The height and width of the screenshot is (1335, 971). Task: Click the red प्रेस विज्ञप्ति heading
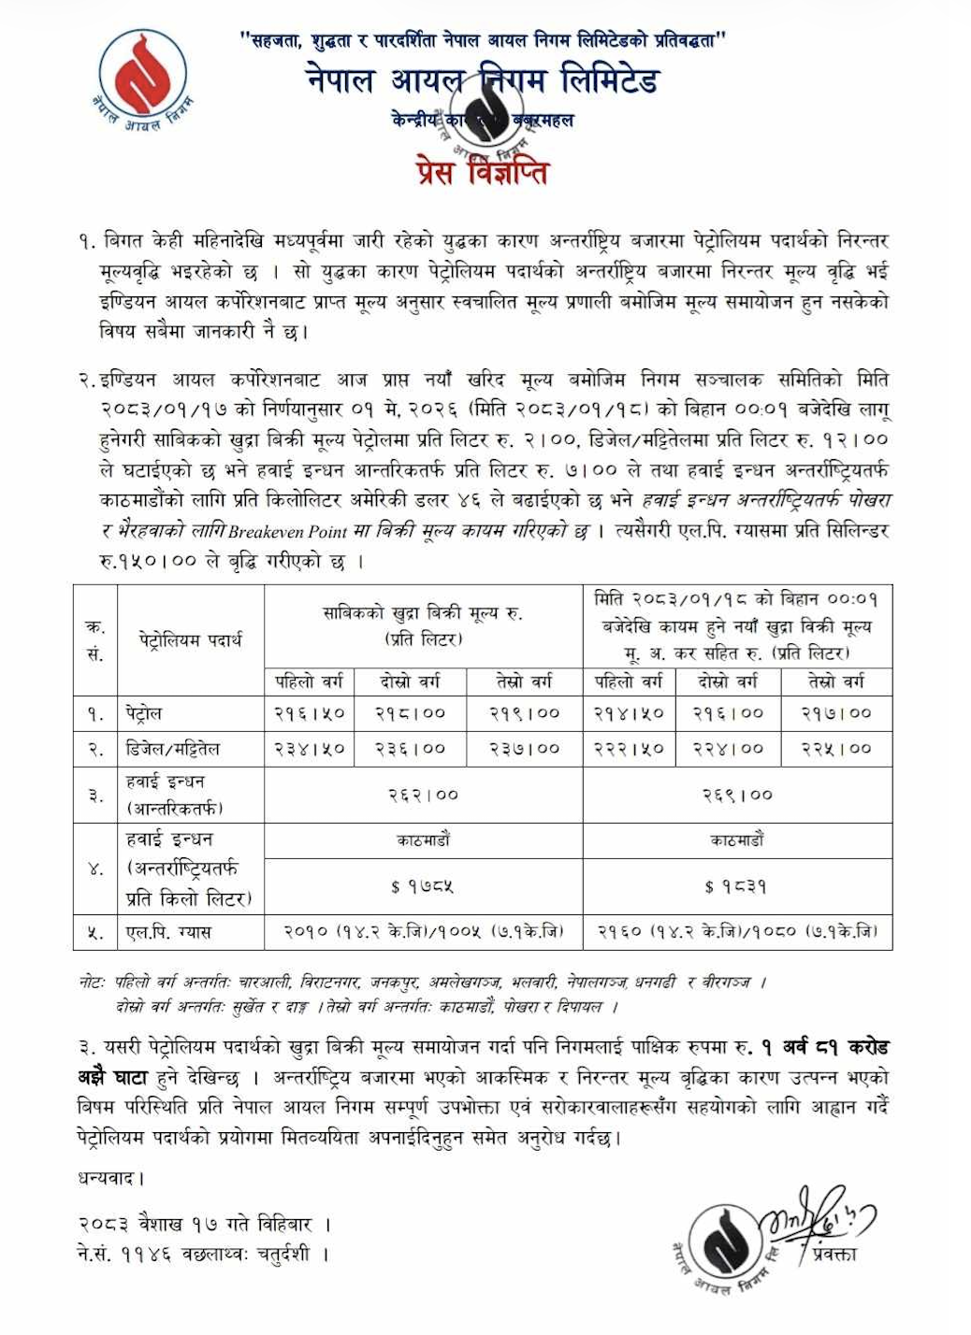click(483, 173)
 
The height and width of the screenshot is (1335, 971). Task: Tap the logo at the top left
click(143, 79)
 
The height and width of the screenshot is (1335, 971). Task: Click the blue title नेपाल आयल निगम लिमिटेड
click(483, 80)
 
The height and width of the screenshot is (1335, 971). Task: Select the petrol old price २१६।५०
click(310, 713)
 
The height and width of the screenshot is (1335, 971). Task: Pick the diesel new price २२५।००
click(836, 749)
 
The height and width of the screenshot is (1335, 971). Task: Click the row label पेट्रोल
click(144, 713)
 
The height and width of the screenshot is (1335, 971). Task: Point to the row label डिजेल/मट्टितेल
click(173, 749)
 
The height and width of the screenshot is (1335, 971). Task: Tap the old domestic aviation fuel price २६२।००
click(424, 795)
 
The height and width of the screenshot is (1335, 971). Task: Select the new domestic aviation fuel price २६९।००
click(738, 795)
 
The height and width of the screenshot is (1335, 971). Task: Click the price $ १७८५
click(423, 886)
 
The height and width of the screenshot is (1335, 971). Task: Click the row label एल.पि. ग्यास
click(169, 932)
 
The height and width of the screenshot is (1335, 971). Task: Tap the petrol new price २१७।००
click(836, 713)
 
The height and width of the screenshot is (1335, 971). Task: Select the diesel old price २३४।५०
click(310, 749)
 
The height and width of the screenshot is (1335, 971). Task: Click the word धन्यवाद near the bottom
click(110, 1178)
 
